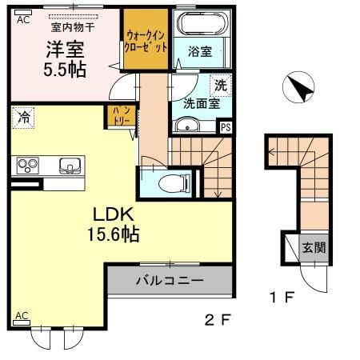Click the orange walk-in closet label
(146, 41)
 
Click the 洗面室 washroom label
(199, 102)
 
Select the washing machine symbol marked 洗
(219, 82)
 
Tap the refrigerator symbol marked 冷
(23, 118)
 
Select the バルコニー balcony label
(168, 282)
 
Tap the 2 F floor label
(217, 322)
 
